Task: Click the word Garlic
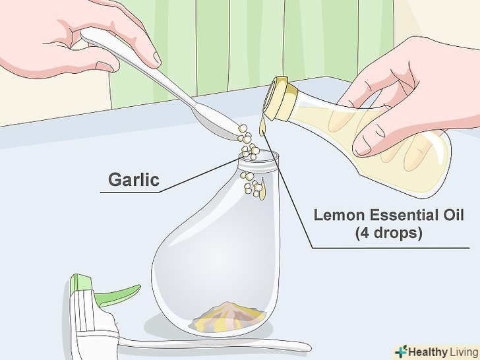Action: coord(134,179)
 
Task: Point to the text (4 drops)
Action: coord(389,233)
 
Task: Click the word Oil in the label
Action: coord(456,215)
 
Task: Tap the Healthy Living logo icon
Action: coord(402,351)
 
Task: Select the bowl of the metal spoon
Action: coord(218,123)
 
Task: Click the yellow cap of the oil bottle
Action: coord(280,99)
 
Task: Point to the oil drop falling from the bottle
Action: coord(262,128)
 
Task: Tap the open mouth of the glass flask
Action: coord(259,156)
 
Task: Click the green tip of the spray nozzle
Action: coord(80,283)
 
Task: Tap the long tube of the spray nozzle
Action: coord(214,344)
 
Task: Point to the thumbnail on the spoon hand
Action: coord(156,57)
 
